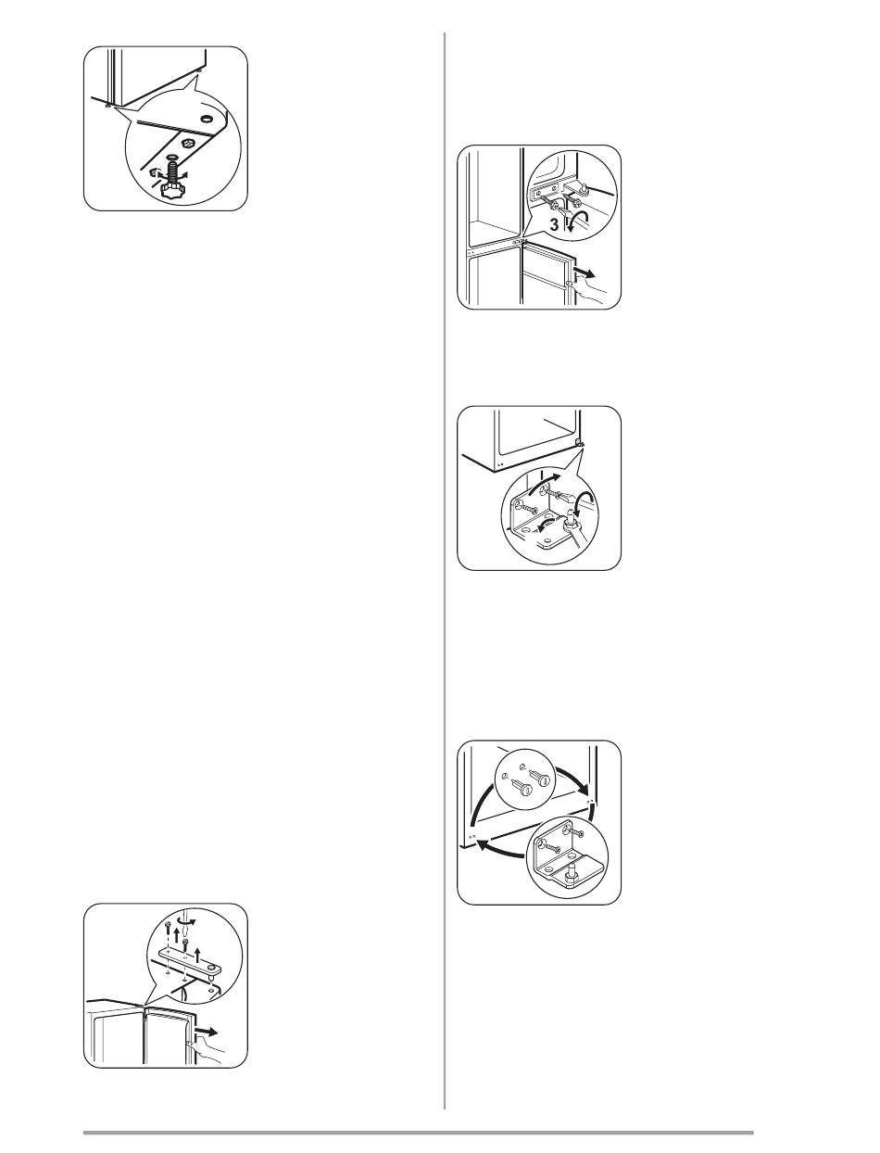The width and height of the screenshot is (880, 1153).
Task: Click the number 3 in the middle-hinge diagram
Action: pyautogui.click(x=554, y=225)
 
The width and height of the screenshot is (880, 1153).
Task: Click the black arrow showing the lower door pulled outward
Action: pyautogui.click(x=585, y=273)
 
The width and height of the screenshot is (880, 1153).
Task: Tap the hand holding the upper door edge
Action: pyautogui.click(x=207, y=1052)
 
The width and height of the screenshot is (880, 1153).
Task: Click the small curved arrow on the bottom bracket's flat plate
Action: pyautogui.click(x=542, y=525)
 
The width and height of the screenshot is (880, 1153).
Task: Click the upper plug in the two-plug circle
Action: pyautogui.click(x=540, y=778)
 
